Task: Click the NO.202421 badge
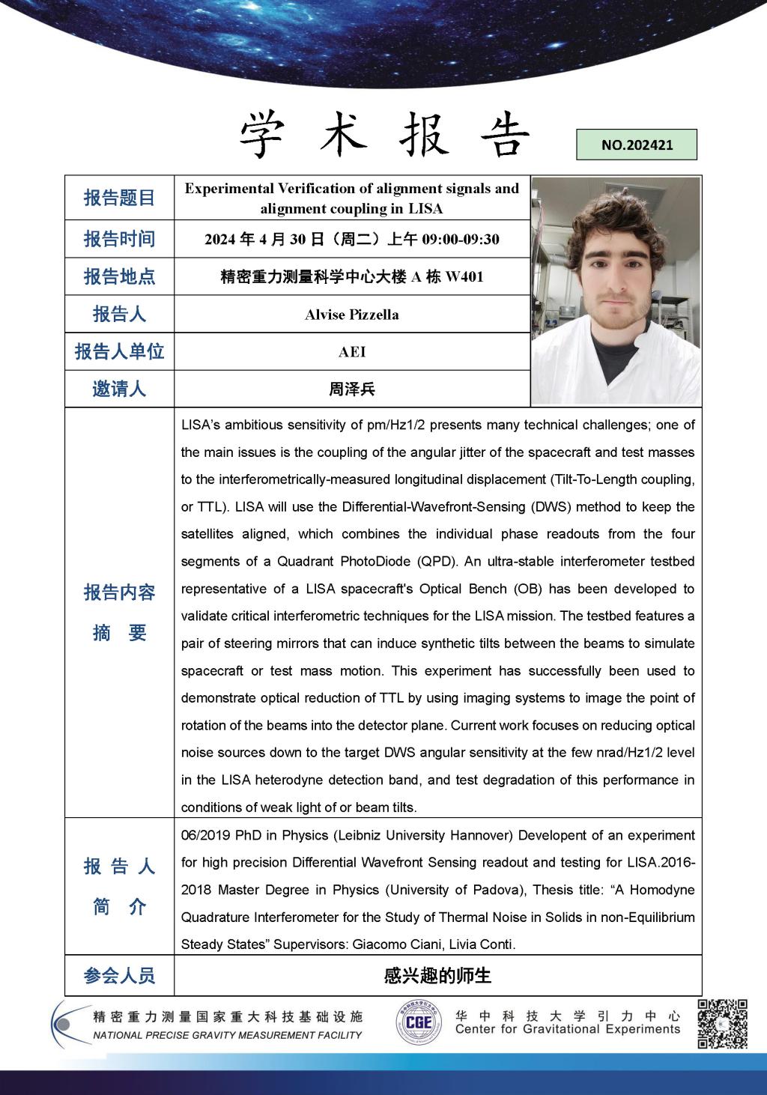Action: pyautogui.click(x=637, y=145)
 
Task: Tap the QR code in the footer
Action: pyautogui.click(x=723, y=1023)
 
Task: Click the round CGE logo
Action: pyautogui.click(x=419, y=1022)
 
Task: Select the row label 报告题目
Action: pyautogui.click(x=119, y=198)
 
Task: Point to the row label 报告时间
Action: pyautogui.click(x=119, y=239)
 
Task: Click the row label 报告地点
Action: pyautogui.click(x=119, y=276)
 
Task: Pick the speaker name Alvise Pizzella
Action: pyautogui.click(x=351, y=315)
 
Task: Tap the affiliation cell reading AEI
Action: pyautogui.click(x=351, y=352)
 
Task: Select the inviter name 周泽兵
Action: pyautogui.click(x=351, y=389)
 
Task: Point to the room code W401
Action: pyautogui.click(x=464, y=277)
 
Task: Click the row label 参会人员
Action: pyautogui.click(x=119, y=976)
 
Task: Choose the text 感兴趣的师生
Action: pyautogui.click(x=437, y=976)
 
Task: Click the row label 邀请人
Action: pyautogui.click(x=119, y=389)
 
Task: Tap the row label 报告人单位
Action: pyautogui.click(x=119, y=351)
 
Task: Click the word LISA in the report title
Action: pyautogui.click(x=426, y=209)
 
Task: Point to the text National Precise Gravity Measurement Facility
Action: pyautogui.click(x=228, y=1035)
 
